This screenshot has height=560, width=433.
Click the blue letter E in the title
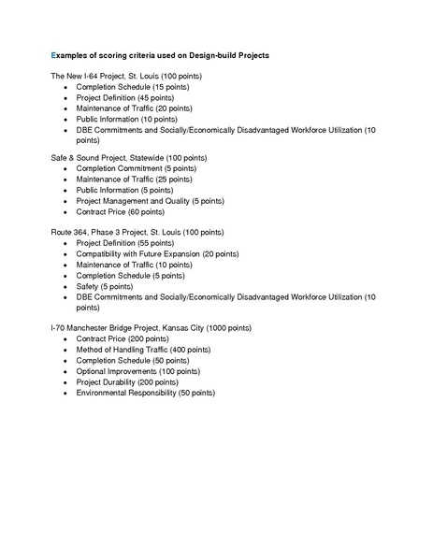[53, 56]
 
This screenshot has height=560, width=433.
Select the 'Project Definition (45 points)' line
[124, 97]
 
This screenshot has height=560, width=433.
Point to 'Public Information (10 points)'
[126, 120]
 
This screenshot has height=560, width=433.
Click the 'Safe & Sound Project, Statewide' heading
[129, 158]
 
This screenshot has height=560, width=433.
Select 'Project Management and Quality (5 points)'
[150, 201]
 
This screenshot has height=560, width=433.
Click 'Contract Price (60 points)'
[120, 212]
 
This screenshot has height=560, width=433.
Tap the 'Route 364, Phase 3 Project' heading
[137, 232]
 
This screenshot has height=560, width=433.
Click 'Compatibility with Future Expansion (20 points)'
[157, 254]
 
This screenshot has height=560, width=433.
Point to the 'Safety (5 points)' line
[106, 286]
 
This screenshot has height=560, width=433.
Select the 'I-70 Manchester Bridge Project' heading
[150, 328]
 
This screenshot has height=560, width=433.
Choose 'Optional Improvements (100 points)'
[137, 371]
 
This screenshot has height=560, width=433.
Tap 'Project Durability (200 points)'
[127, 382]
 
